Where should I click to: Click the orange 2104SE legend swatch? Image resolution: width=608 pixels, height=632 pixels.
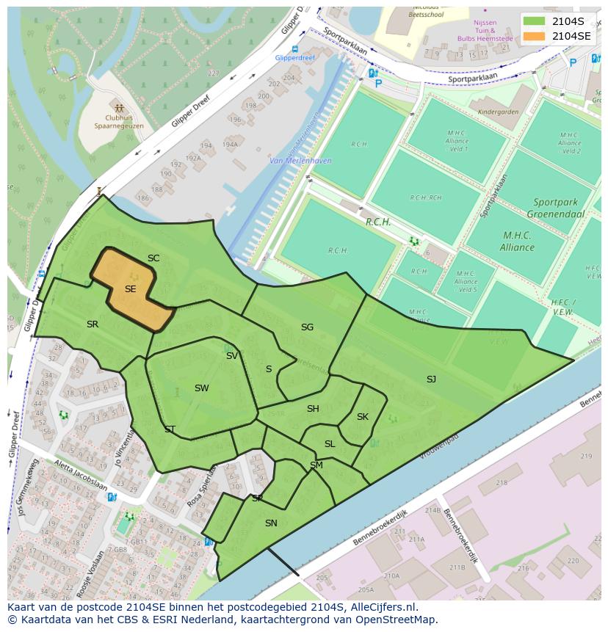(x=535, y=36)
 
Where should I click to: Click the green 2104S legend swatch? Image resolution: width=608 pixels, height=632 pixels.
(x=535, y=21)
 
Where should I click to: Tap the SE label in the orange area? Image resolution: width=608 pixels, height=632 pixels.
(x=130, y=289)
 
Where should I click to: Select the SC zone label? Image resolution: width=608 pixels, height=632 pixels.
(x=153, y=258)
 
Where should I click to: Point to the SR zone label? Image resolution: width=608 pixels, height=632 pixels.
(x=93, y=324)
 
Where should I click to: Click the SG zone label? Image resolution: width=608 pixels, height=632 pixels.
(x=307, y=327)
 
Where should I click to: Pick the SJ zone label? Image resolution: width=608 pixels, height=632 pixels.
(x=431, y=379)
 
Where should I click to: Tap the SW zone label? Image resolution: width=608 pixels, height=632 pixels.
(x=201, y=388)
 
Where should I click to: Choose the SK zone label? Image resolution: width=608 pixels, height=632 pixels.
(x=363, y=416)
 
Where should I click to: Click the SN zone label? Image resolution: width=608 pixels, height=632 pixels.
(x=271, y=523)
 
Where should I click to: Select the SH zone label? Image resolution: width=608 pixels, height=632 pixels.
(x=313, y=409)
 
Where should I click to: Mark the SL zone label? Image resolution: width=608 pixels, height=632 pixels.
(x=330, y=443)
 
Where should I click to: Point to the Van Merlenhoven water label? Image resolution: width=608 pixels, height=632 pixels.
(x=300, y=161)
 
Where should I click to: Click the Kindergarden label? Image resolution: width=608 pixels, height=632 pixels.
(x=498, y=112)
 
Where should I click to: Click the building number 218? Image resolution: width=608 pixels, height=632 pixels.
(x=502, y=482)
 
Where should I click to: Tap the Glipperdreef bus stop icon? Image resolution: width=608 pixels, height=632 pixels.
(x=294, y=49)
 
